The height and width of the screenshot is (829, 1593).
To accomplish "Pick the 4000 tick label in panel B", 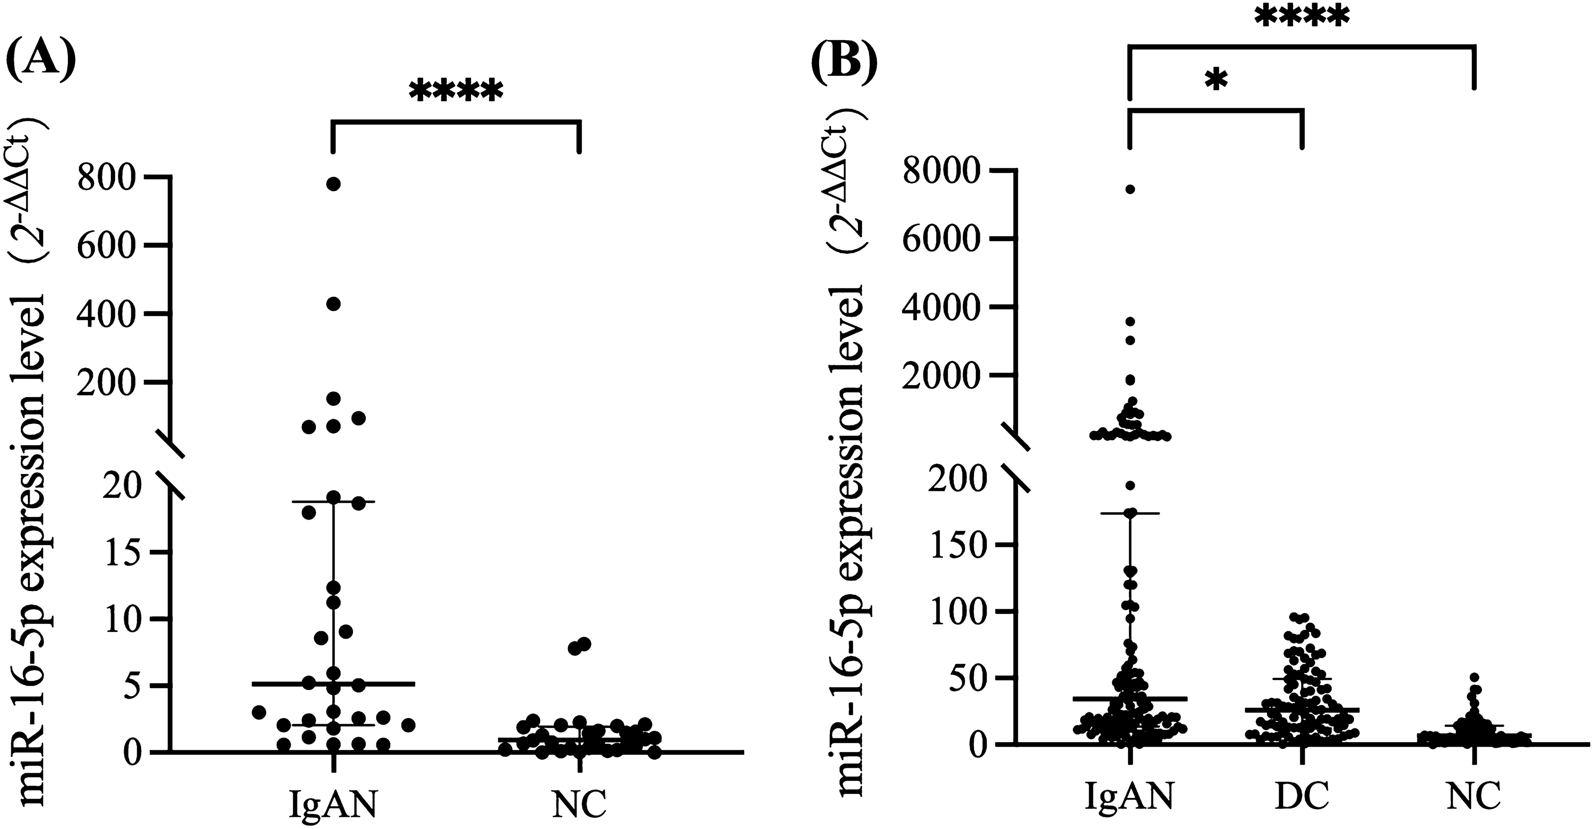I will pyautogui.click(x=942, y=307).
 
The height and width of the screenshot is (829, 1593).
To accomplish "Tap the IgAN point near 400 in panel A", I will pyautogui.click(x=333, y=304).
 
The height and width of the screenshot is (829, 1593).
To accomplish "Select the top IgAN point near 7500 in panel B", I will pyautogui.click(x=1130, y=189).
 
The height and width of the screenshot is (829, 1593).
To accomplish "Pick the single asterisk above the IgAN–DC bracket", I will pyautogui.click(x=1216, y=81).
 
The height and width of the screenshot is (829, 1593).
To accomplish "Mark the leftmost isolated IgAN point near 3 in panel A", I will pyautogui.click(x=259, y=712).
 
